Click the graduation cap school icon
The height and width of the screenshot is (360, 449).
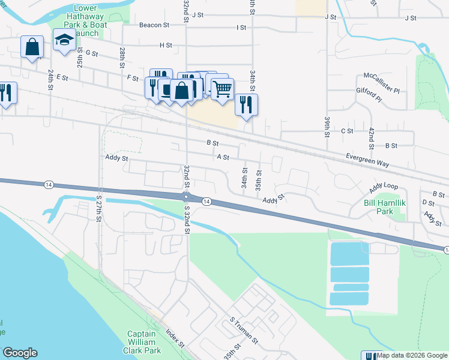tap(64, 41)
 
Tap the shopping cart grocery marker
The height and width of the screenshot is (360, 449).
tap(222, 89)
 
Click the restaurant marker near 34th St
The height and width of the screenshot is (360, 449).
tap(246, 104)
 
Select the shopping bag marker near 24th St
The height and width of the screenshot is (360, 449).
tap(32, 46)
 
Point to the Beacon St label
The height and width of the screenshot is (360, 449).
tap(154, 25)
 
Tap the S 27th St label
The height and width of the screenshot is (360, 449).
tap(99, 207)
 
